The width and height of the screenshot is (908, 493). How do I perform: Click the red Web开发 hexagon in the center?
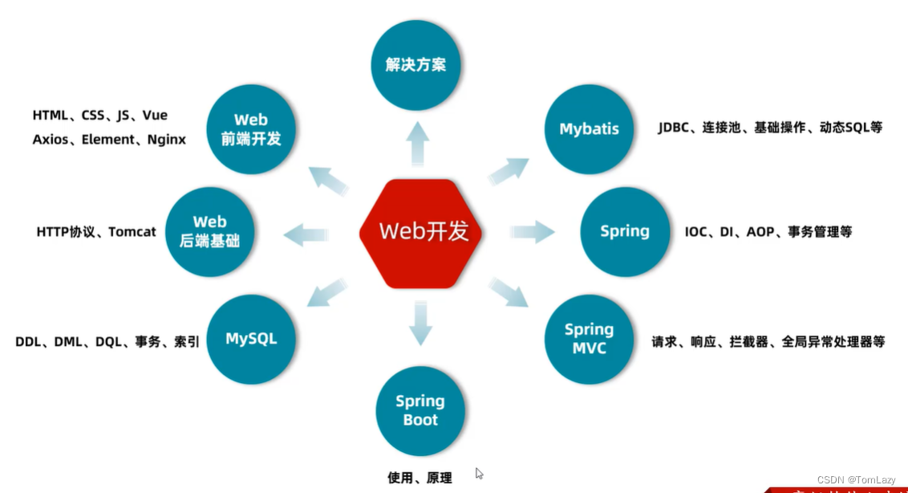tap(422, 231)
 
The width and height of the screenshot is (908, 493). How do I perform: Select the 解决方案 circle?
tap(415, 65)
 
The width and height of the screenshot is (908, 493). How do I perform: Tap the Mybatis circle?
tap(589, 129)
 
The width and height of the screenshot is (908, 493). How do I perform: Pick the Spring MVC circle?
tap(589, 339)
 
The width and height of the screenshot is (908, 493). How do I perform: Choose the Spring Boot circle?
tap(420, 410)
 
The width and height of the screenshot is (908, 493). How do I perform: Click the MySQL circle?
tap(251, 339)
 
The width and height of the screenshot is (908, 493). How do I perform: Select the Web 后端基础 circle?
tap(209, 231)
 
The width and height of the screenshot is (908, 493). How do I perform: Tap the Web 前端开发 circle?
tap(251, 129)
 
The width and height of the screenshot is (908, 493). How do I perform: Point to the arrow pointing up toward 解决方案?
tap(418, 144)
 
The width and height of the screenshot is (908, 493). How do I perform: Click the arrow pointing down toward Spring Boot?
tap(420, 321)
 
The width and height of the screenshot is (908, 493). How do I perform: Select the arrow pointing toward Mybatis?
tap(509, 171)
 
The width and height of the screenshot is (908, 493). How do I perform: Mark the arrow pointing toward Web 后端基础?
tap(306, 234)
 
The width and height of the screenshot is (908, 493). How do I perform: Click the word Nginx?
tap(166, 140)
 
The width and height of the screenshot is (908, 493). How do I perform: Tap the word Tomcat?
tap(132, 232)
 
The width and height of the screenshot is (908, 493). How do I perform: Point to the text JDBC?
tap(675, 128)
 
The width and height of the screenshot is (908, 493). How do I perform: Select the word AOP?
tap(760, 232)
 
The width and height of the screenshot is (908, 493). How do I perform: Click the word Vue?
tap(155, 116)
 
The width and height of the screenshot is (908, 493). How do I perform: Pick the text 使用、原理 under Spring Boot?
tap(420, 478)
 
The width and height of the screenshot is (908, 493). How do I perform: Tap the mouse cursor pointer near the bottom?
tap(480, 474)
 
